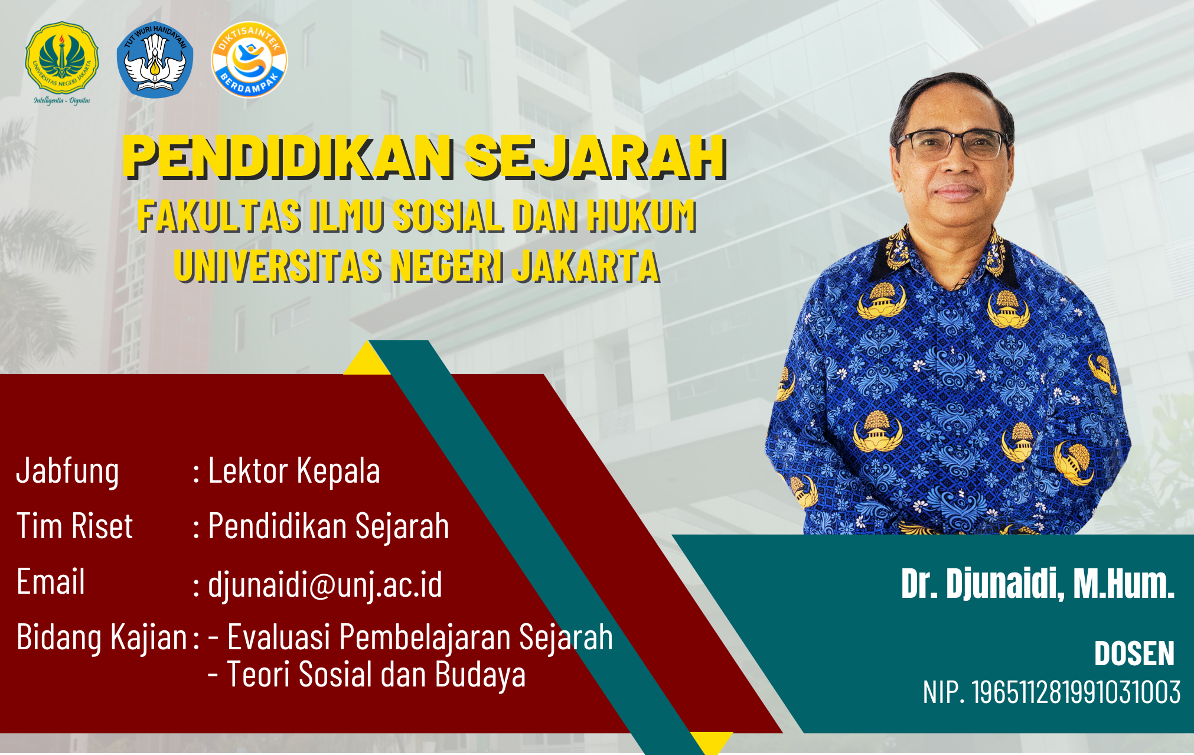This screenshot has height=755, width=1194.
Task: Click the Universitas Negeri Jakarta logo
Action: [x=61, y=63]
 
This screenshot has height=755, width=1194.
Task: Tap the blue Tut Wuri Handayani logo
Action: [x=155, y=60]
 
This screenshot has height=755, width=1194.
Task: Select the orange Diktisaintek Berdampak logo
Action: [x=249, y=60]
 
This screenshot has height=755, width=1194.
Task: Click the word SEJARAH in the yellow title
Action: [x=595, y=157]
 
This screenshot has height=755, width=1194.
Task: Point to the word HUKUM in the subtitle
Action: [x=641, y=216]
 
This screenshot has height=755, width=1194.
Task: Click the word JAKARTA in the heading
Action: [x=585, y=266]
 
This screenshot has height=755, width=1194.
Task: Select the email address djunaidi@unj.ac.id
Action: [x=325, y=585]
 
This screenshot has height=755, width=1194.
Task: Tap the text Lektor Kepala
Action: [x=294, y=471]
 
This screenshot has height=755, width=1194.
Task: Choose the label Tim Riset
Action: [x=74, y=526]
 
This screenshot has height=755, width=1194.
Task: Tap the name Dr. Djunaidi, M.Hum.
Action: [x=1038, y=584]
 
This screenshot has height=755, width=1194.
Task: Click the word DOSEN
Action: [x=1134, y=653]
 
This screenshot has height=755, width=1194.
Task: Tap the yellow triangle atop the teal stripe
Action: [x=367, y=359]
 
